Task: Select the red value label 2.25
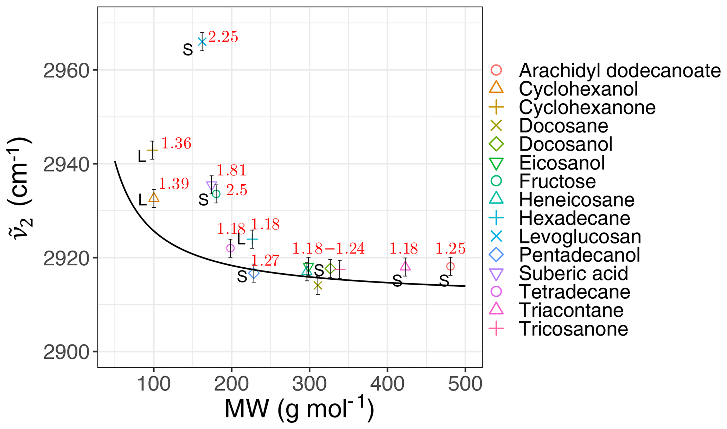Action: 223,37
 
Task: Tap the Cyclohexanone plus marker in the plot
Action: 152,150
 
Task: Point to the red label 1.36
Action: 176,144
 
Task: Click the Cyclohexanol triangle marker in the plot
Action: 154,198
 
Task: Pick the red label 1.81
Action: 231,170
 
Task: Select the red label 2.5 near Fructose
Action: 236,191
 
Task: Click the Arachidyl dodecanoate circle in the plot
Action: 451,266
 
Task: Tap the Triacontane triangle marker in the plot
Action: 405,266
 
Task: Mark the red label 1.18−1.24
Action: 328,249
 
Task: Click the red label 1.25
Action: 451,249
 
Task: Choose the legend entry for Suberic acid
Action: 573,274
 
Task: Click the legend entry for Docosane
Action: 563,126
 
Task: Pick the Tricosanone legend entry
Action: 573,329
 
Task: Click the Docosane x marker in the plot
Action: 318,285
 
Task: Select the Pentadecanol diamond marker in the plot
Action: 254,273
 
